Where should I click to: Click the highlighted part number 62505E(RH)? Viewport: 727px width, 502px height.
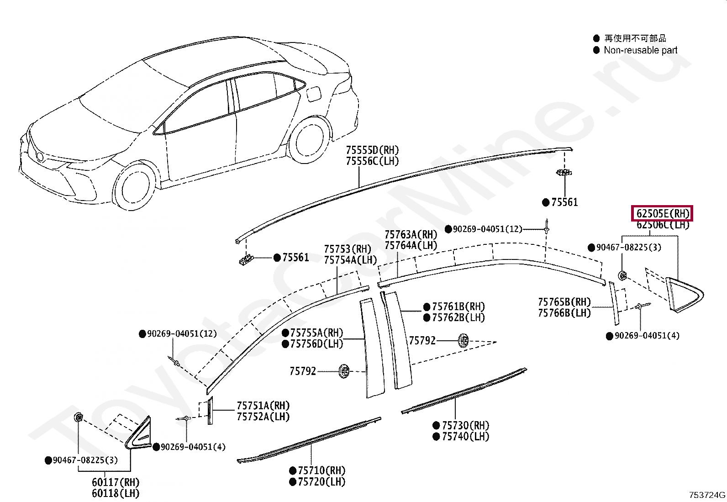pyautogui.click(x=662, y=213)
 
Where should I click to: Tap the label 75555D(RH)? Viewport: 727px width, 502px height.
pyautogui.click(x=372, y=150)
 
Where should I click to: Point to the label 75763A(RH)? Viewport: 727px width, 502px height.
pyautogui.click(x=411, y=234)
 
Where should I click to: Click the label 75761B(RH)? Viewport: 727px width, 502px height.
pyautogui.click(x=458, y=306)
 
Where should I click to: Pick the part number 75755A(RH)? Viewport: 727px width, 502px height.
pyautogui.click(x=316, y=333)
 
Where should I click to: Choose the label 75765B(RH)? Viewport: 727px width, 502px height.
pyautogui.click(x=564, y=302)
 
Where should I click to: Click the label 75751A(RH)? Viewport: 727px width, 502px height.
pyautogui.click(x=263, y=406)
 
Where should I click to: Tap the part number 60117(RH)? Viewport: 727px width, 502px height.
pyautogui.click(x=116, y=482)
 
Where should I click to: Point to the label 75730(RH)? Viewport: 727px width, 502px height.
pyautogui.click(x=465, y=425)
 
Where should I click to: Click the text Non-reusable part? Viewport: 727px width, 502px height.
pyautogui.click(x=640, y=50)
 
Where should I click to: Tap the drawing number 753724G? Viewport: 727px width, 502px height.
pyautogui.click(x=707, y=495)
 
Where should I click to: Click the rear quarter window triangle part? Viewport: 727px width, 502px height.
pyautogui.click(x=684, y=295)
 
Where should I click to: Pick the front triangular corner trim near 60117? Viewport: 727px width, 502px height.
pyautogui.click(x=138, y=432)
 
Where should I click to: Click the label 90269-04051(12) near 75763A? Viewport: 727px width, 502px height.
pyautogui.click(x=487, y=229)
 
